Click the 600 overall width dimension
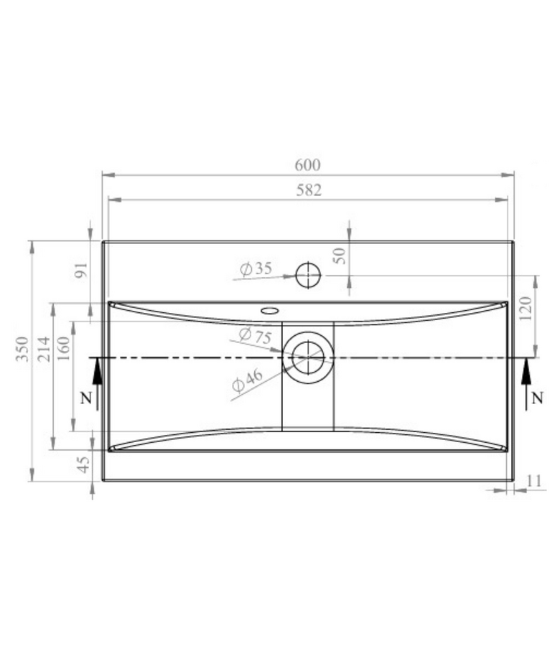click(307, 165)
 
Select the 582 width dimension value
click(307, 190)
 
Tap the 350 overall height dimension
click(22, 349)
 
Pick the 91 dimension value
click(80, 271)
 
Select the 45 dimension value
click(83, 465)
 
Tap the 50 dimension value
click(340, 255)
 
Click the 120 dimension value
click(526, 309)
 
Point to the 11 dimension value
click(533, 480)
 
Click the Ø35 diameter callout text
click(256, 269)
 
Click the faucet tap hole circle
click(308, 274)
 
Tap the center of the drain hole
click(308, 357)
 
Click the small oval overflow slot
click(271, 311)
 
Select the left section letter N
click(85, 399)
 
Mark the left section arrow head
click(98, 368)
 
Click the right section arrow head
click(526, 368)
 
